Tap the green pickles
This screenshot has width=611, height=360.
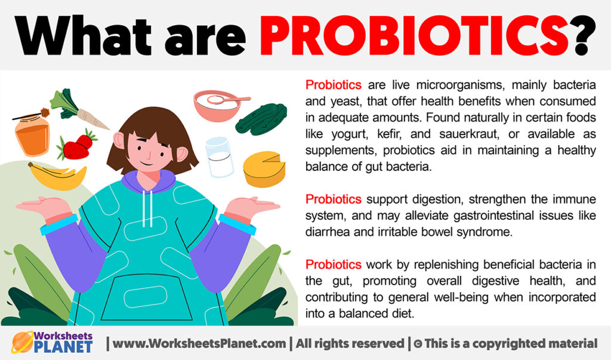point(261,117)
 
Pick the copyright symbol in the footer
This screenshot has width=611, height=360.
point(419,343)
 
